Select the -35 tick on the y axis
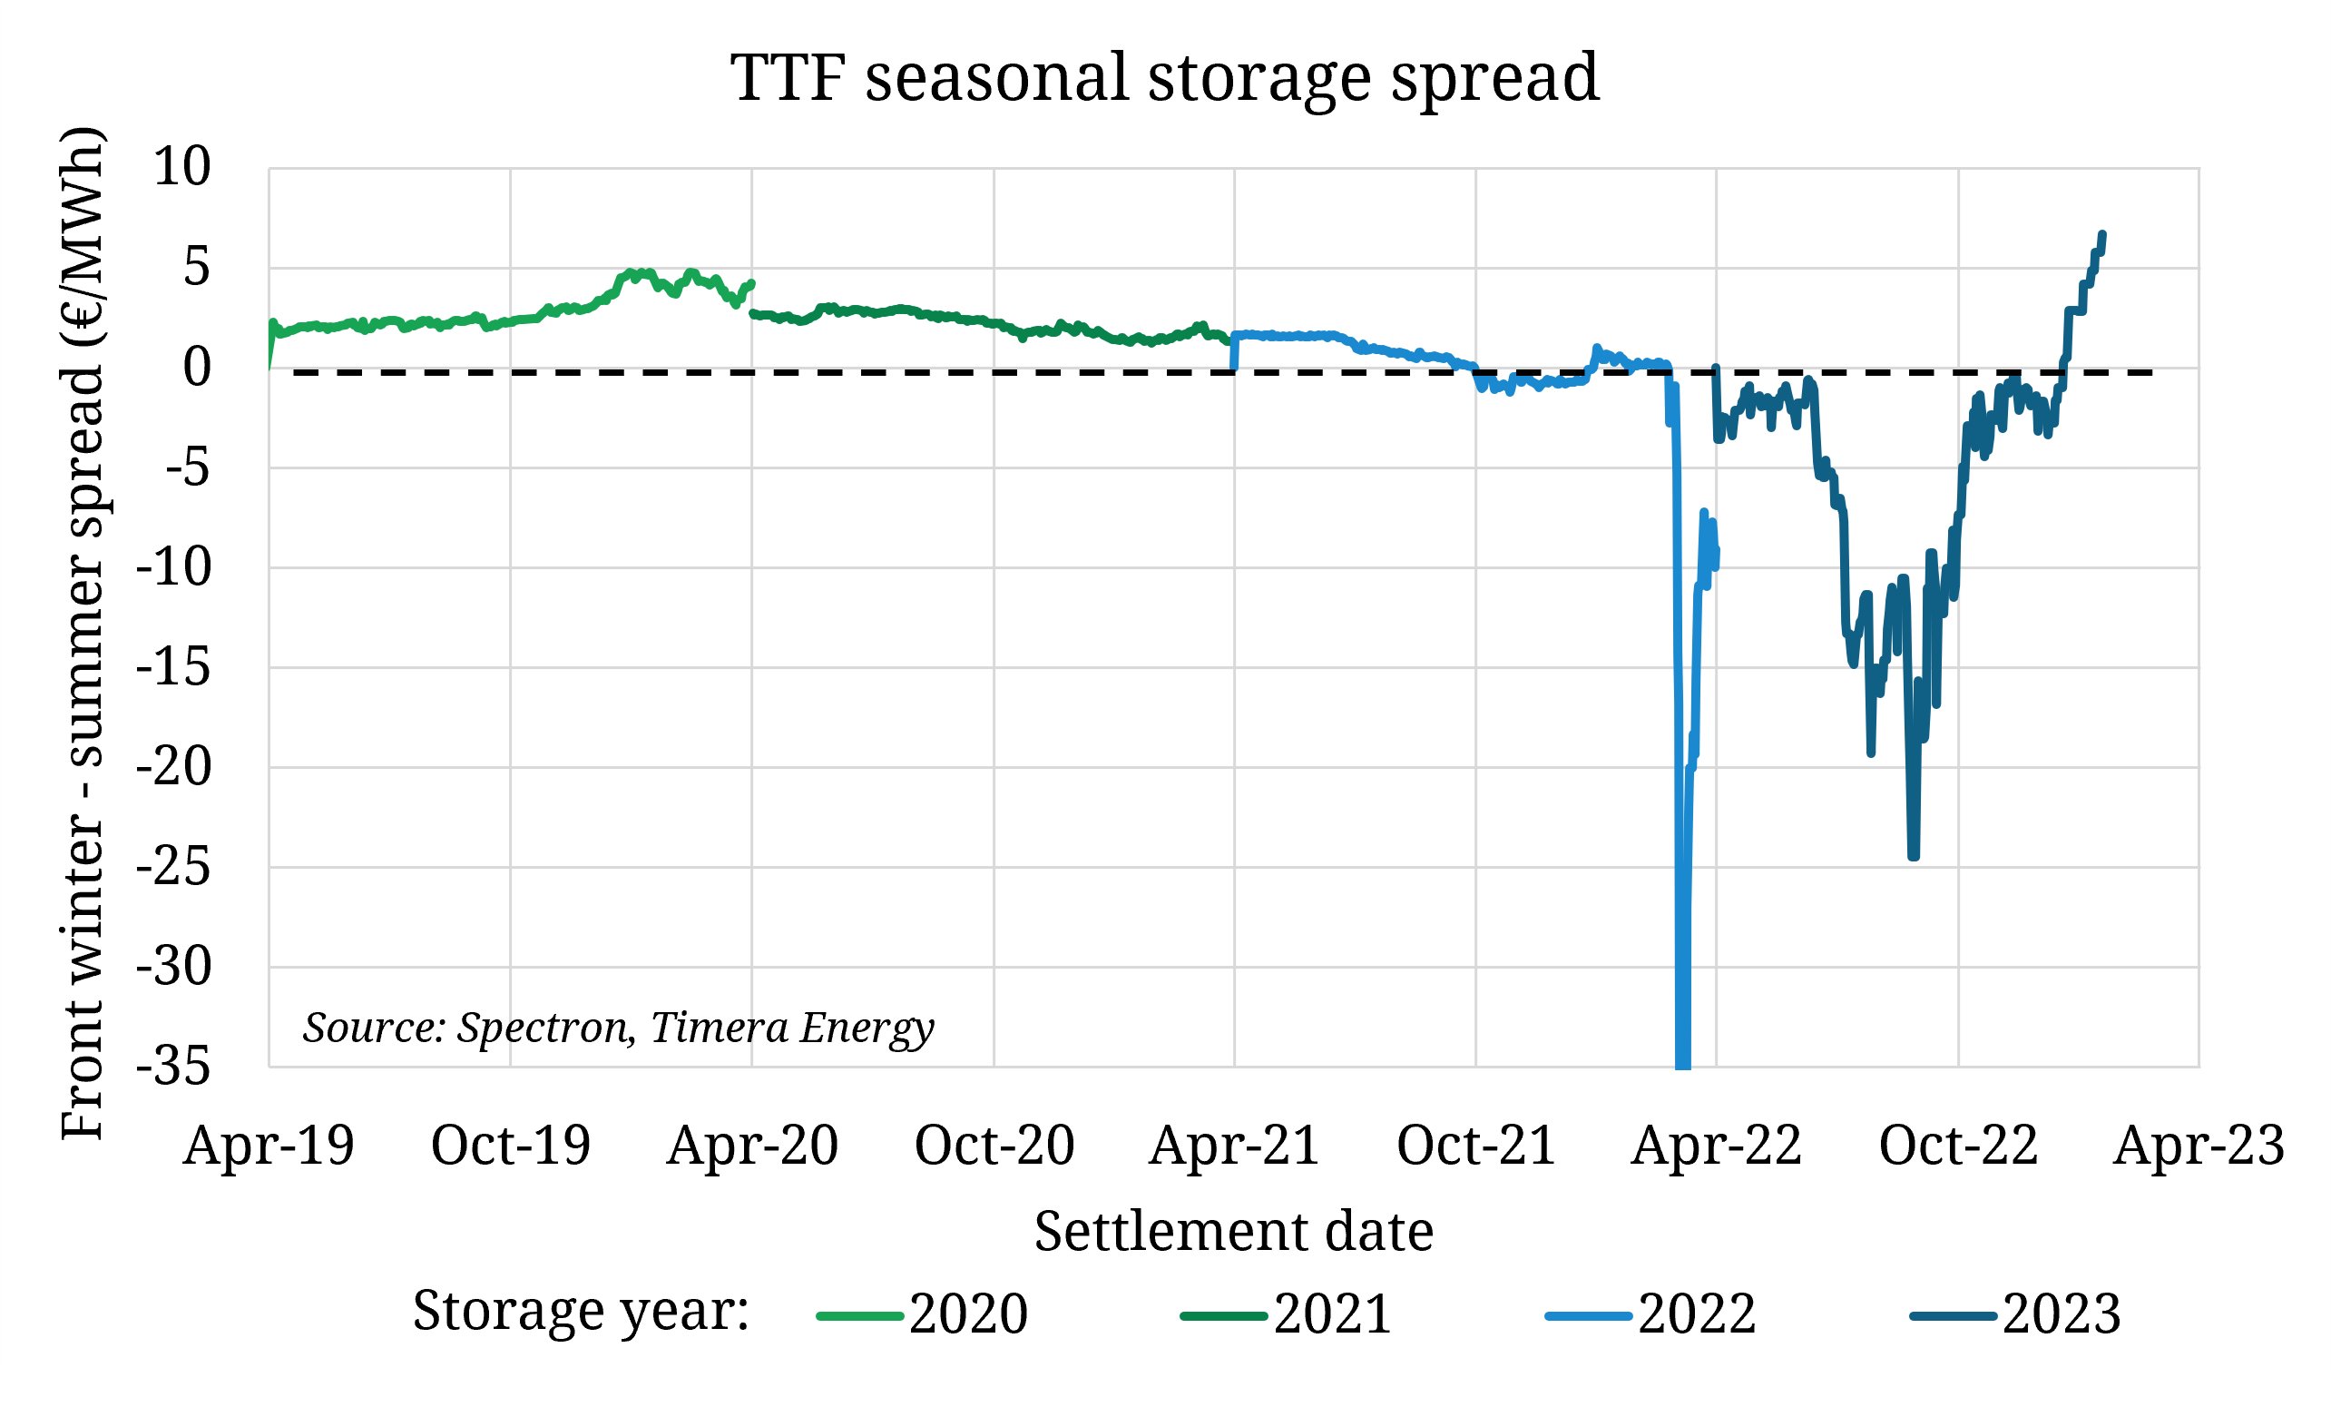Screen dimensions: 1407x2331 pos(174,1068)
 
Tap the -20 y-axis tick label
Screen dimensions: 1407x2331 pos(174,767)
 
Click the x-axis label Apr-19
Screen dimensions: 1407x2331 pos(269,1146)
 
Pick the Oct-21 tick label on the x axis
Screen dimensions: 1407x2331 pos(1475,1146)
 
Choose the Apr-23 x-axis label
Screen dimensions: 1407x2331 pos(2199,1146)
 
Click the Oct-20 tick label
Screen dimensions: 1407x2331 pos(994,1146)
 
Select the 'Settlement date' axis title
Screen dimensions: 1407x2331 pos(1234,1232)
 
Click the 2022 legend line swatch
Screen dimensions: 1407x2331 pos(1588,1316)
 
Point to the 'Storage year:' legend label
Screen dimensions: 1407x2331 pos(581,1312)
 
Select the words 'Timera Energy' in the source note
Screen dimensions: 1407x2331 pos(792,1028)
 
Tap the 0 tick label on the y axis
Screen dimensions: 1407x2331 pos(197,367)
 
